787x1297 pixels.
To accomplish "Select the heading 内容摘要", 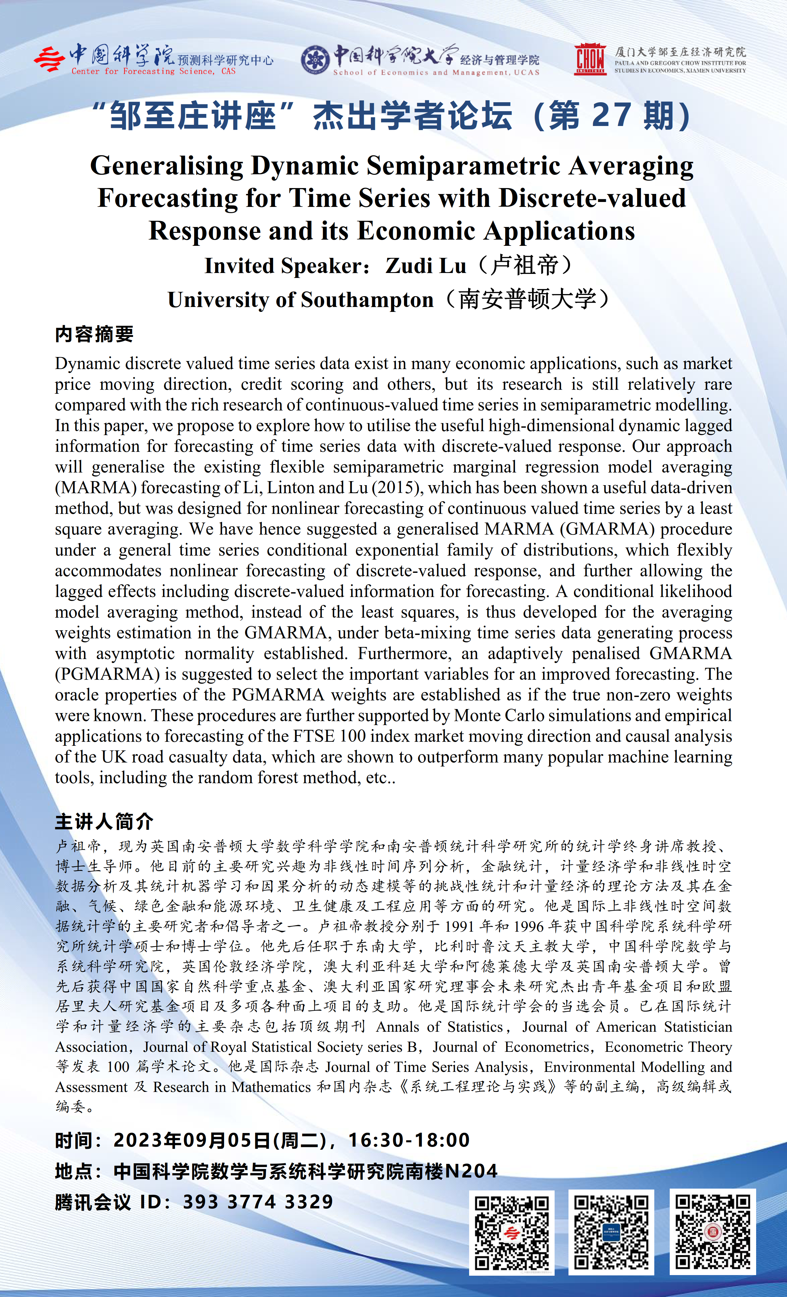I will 94,334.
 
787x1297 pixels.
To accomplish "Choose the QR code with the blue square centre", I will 611,1232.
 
